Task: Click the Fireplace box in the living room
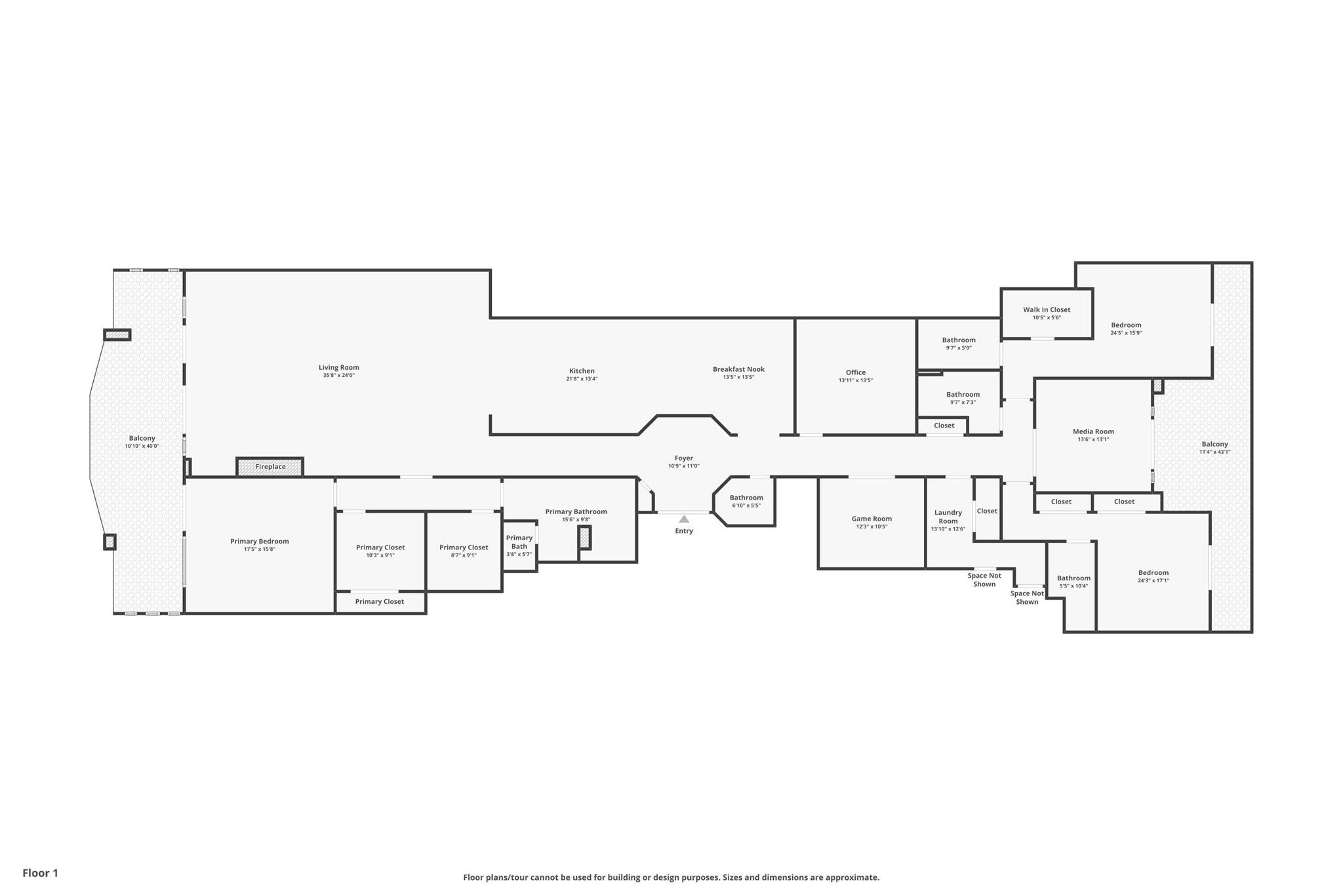point(270,467)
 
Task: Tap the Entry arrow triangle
point(684,519)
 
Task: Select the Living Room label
point(339,368)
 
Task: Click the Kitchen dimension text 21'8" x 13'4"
point(582,379)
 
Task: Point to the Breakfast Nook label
point(738,369)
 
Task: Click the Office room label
point(855,372)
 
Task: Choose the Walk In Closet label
point(1047,309)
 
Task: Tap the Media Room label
point(1093,431)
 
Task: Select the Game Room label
point(872,519)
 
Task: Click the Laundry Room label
point(948,517)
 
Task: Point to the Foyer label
point(684,458)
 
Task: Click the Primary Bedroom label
point(260,541)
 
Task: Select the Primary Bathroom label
point(576,511)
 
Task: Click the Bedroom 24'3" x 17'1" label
point(1153,572)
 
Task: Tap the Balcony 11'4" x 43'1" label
point(1214,444)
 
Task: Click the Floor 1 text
point(41,873)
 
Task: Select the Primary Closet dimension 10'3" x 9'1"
point(380,555)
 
